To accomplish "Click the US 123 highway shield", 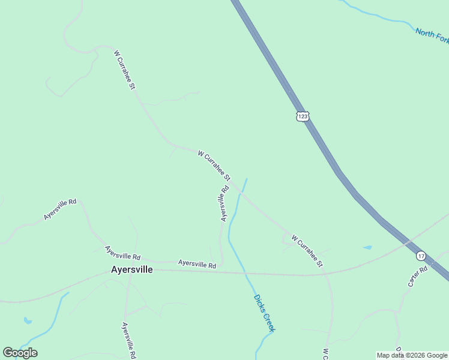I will (303, 116).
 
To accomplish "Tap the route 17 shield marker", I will (421, 256).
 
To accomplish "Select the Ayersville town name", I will (132, 270).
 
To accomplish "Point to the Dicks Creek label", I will (264, 313).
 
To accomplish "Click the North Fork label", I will (432, 35).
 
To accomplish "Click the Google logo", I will (20, 352).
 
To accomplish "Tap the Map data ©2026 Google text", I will (412, 355).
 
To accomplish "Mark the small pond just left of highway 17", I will (367, 247).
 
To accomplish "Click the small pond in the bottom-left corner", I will (28, 321).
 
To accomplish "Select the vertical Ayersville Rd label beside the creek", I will (224, 203).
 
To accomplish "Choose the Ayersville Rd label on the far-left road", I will (60, 209).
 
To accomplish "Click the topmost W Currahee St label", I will (124, 70).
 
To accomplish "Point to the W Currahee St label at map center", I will (214, 166).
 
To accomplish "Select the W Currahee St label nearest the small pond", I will (307, 251).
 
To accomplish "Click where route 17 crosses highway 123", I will (410, 242).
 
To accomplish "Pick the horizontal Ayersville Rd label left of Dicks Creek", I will (197, 263).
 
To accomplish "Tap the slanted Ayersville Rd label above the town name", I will (122, 253).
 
